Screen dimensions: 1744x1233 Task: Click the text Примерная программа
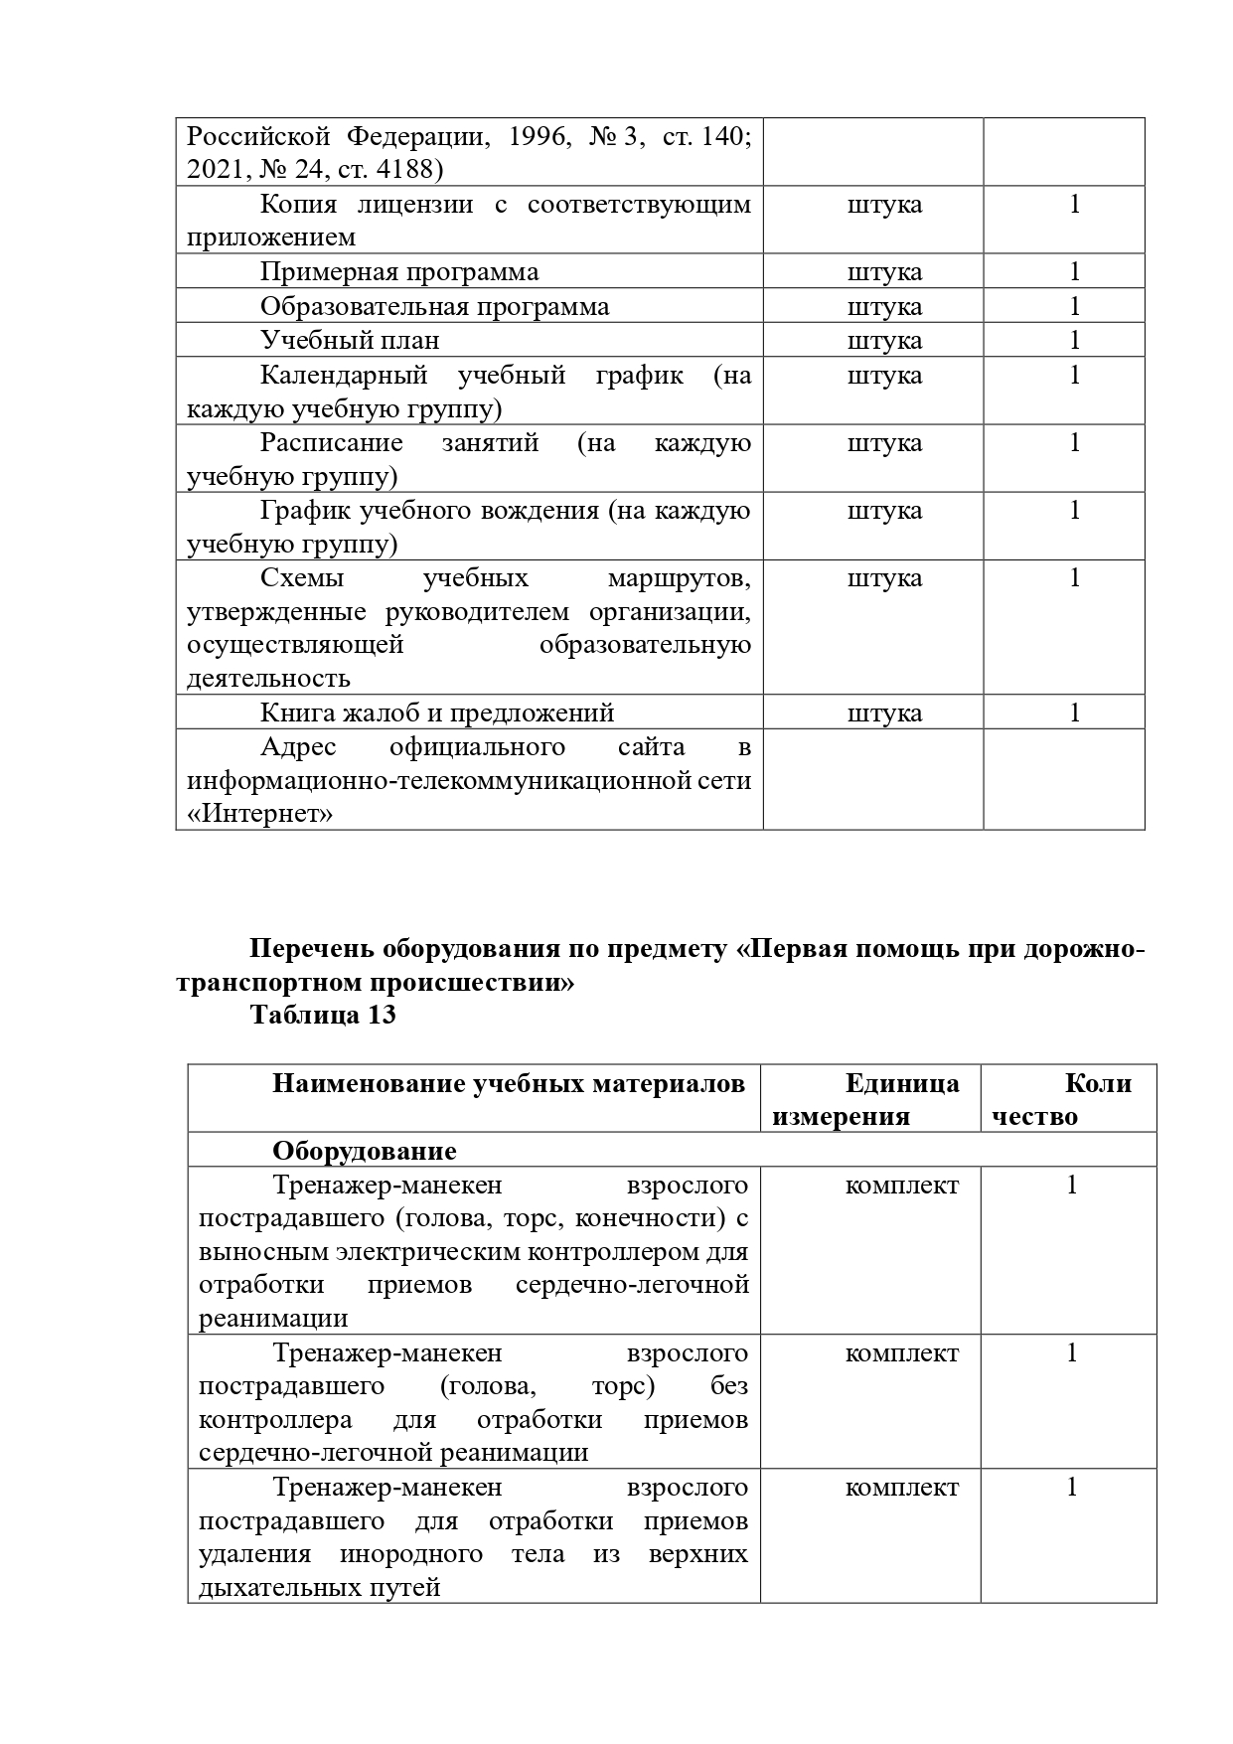tap(399, 272)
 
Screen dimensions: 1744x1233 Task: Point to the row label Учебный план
tap(350, 340)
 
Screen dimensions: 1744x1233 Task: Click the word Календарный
tap(344, 375)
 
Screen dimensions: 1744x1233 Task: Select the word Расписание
tap(332, 442)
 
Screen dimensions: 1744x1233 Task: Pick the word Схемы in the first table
tap(302, 577)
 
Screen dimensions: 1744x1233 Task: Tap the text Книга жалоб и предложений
tap(437, 713)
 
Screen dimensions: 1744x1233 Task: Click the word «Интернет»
tap(260, 814)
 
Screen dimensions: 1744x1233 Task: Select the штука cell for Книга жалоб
tap(884, 713)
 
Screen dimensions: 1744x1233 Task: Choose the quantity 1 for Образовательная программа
tap(1074, 306)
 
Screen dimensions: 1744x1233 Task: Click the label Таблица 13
tap(323, 1015)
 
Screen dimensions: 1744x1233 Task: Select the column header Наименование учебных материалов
tap(509, 1083)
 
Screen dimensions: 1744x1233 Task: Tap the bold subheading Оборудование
tap(365, 1151)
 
